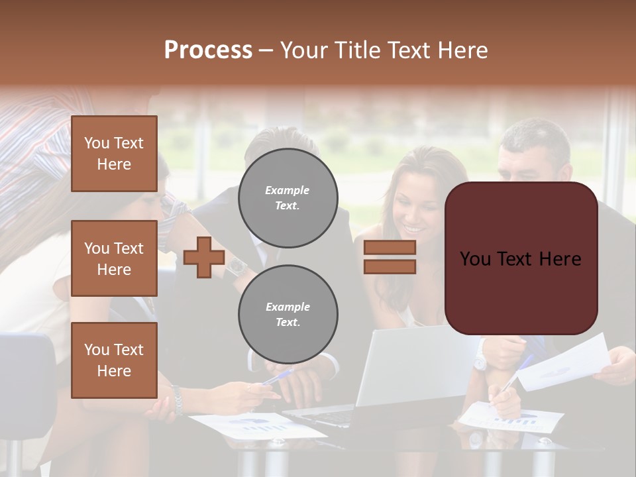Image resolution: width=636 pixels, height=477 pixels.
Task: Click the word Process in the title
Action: tap(208, 50)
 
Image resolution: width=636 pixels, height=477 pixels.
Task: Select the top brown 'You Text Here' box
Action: tap(114, 154)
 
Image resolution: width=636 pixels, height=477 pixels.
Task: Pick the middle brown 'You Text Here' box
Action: tap(114, 258)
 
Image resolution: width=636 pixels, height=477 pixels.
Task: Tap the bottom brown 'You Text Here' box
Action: tap(114, 360)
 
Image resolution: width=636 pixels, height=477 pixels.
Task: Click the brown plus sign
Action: tap(203, 257)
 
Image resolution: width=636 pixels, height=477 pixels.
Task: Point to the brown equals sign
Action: tap(390, 257)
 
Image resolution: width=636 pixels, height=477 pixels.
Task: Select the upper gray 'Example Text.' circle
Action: tap(288, 197)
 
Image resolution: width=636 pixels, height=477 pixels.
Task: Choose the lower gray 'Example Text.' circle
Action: tap(288, 315)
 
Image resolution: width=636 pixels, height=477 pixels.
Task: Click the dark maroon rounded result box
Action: tap(521, 258)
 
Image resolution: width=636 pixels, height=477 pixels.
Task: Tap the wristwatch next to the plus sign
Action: tap(237, 266)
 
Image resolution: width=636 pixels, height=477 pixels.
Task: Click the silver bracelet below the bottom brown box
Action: tap(177, 401)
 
